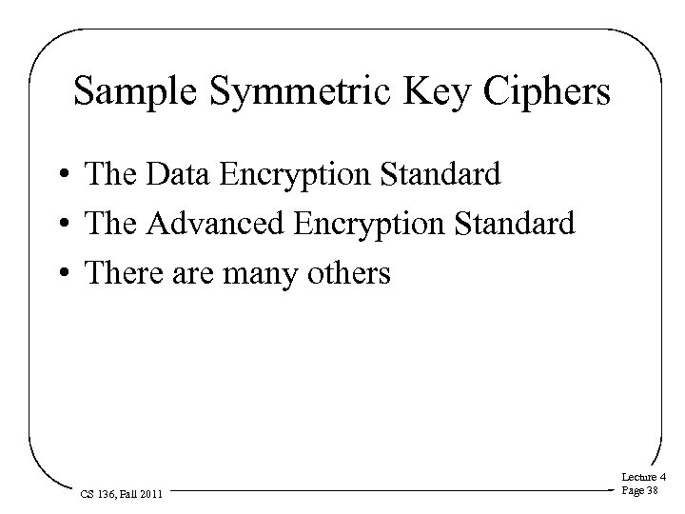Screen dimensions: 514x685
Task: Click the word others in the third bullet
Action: (353, 274)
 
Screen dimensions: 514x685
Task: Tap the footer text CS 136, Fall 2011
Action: (120, 494)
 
